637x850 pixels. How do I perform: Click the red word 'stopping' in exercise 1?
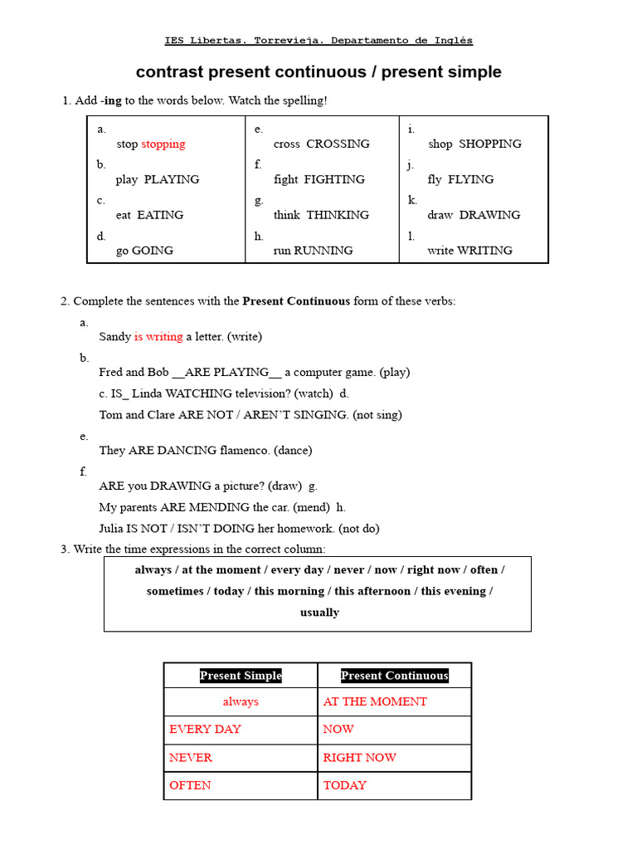tap(163, 144)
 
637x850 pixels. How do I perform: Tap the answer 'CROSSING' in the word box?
tap(338, 144)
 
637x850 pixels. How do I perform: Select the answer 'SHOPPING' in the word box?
tap(490, 144)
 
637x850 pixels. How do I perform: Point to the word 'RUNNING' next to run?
tap(323, 250)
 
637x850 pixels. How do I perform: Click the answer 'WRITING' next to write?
tap(484, 250)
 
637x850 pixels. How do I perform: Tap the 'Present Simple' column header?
tap(241, 676)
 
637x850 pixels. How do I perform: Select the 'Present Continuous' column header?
tap(395, 676)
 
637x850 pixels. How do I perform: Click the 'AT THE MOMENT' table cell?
tap(375, 701)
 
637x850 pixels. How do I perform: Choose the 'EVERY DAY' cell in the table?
tap(205, 729)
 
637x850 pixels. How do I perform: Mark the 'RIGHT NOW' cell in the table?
tap(359, 757)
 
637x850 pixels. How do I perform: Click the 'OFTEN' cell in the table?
tap(190, 785)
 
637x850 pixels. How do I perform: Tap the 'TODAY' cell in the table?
tap(344, 785)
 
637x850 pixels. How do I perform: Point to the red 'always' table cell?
tap(241, 701)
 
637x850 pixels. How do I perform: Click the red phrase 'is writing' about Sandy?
tap(158, 336)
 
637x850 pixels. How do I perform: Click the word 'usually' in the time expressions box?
tap(319, 613)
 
